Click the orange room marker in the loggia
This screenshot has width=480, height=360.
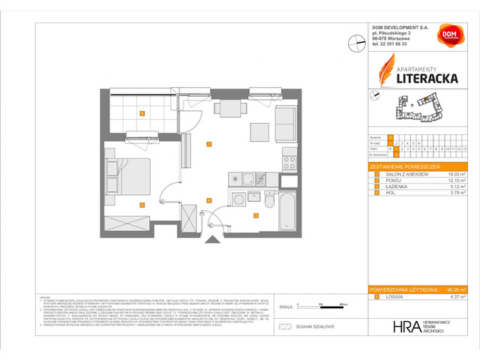pyautogui.click(x=142, y=113)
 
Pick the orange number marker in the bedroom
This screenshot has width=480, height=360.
pyautogui.click(x=142, y=204)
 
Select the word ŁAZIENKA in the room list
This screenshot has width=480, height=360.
pyautogui.click(x=392, y=187)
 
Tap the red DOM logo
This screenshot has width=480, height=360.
pyautogui.click(x=448, y=36)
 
